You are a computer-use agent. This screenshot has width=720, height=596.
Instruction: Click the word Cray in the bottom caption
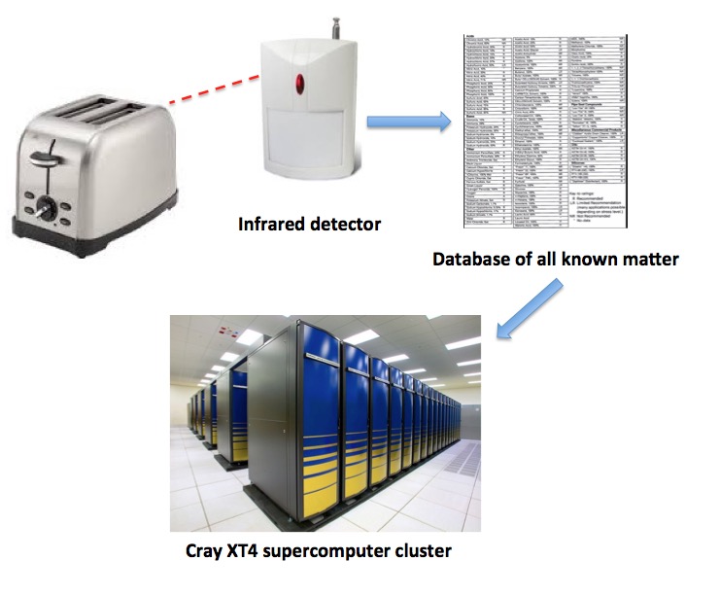(x=205, y=552)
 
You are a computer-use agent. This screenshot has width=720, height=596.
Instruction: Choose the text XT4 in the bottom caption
(x=246, y=552)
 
